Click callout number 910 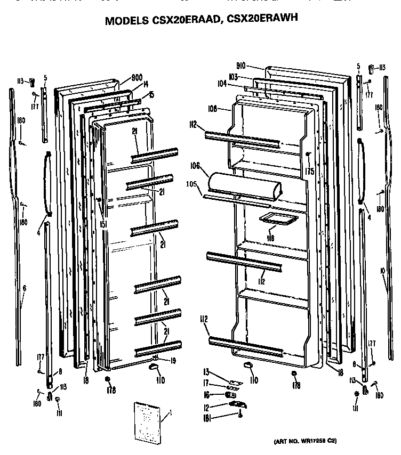coord(240,66)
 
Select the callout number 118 coord(270,238)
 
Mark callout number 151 coord(103,224)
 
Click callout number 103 coord(233,77)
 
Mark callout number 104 coord(221,84)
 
